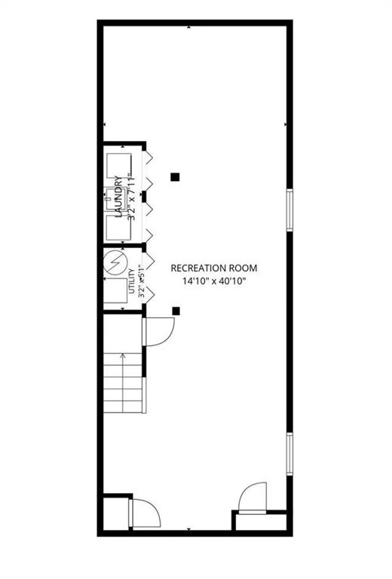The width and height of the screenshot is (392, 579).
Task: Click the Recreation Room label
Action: pyautogui.click(x=214, y=268)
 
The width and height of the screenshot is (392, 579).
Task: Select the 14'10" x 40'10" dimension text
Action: pyautogui.click(x=214, y=281)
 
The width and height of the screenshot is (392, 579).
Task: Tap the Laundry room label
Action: pyautogui.click(x=119, y=197)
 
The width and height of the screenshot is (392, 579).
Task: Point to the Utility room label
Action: pyautogui.click(x=131, y=281)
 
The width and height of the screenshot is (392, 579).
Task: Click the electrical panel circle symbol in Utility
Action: pyautogui.click(x=115, y=262)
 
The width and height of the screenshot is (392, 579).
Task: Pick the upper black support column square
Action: pyautogui.click(x=175, y=177)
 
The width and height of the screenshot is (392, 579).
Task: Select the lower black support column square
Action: pyautogui.click(x=176, y=311)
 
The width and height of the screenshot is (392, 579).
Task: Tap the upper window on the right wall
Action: pyautogui.click(x=289, y=210)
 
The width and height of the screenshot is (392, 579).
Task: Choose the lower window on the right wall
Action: pyautogui.click(x=289, y=454)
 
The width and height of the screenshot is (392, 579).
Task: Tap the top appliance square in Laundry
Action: pyautogui.click(x=119, y=165)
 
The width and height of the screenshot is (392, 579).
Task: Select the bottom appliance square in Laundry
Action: pyautogui.click(x=119, y=228)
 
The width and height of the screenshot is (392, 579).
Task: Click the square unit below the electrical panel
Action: pyautogui.click(x=115, y=290)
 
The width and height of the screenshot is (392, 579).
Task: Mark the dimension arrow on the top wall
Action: pyautogui.click(x=189, y=27)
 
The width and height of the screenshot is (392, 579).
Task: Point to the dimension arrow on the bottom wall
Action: pyautogui.click(x=189, y=529)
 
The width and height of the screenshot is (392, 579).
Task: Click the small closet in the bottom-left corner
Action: pyautogui.click(x=115, y=514)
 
